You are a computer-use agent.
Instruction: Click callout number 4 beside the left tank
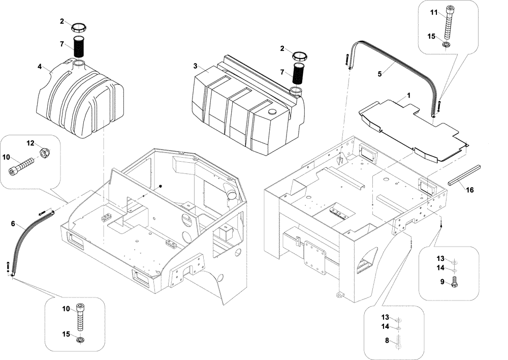coord(40,67)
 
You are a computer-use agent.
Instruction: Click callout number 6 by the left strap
coord(13,224)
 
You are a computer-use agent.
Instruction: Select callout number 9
coord(442,281)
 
